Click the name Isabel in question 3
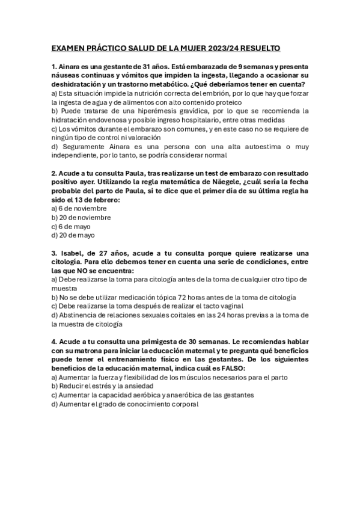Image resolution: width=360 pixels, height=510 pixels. pos(74,253)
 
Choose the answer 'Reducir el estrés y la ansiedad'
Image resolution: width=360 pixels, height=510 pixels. pos(102,386)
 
